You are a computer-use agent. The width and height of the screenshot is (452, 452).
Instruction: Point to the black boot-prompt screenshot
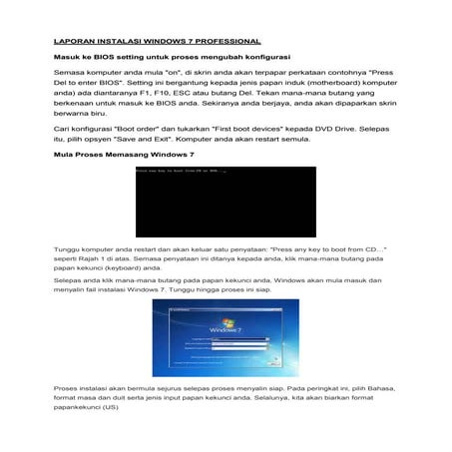point(225,200)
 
